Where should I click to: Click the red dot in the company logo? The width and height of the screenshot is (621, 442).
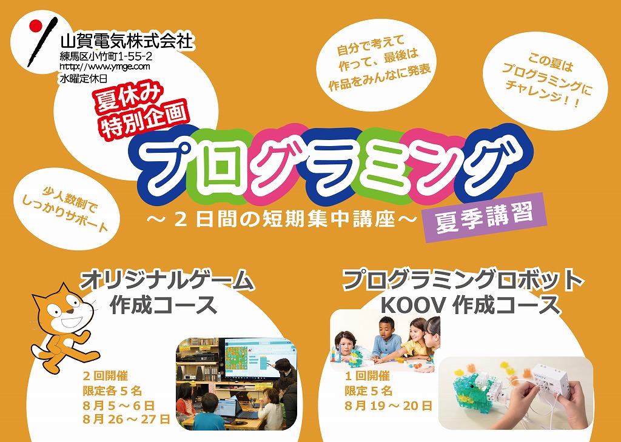coord(36,25)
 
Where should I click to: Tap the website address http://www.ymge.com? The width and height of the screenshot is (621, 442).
coord(105,65)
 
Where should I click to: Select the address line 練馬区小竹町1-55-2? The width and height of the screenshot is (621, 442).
coord(106,56)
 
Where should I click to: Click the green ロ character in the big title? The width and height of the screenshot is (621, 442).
coord(218,162)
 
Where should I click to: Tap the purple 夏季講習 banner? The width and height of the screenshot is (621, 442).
coord(485,217)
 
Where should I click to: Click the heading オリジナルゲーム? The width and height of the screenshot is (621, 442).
coord(167,283)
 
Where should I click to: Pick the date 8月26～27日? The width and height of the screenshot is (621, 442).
coord(126,418)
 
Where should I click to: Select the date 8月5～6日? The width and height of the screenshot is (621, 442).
coord(118,405)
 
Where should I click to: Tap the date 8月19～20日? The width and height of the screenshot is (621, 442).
coord(388,406)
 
